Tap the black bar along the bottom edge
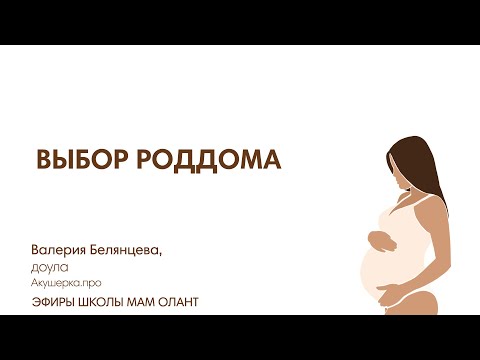click(240, 337)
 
